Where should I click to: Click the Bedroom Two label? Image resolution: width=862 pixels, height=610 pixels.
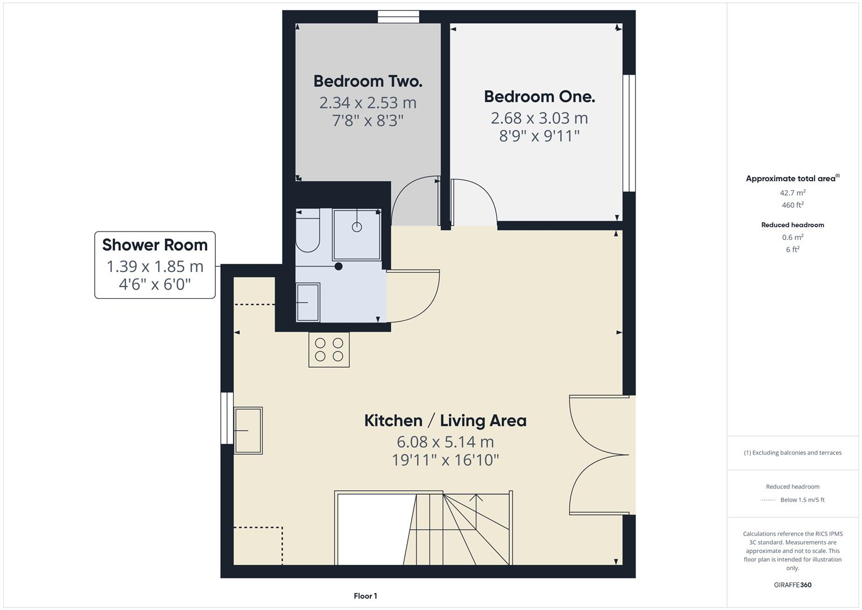pyautogui.click(x=367, y=81)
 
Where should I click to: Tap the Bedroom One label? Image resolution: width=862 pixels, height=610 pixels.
pyautogui.click(x=539, y=97)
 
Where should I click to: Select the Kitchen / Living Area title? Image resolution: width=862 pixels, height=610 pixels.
pyautogui.click(x=445, y=421)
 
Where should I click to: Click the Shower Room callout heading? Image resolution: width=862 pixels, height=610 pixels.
pyautogui.click(x=155, y=245)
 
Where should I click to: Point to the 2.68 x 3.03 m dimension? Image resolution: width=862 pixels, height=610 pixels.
pyautogui.click(x=539, y=118)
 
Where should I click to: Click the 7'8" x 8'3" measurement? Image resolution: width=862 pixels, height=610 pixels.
pyautogui.click(x=367, y=121)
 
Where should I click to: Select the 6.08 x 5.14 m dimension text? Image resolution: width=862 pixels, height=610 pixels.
pyautogui.click(x=445, y=442)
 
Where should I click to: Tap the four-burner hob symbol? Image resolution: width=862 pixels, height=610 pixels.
pyautogui.click(x=329, y=350)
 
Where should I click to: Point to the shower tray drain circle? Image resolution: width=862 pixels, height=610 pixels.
pyautogui.click(x=357, y=227)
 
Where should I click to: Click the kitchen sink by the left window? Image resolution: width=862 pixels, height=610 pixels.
pyautogui.click(x=248, y=430)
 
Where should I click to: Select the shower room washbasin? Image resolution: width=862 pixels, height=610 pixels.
pyautogui.click(x=308, y=302)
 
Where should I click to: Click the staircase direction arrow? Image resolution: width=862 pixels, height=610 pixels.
pyautogui.click(x=476, y=497)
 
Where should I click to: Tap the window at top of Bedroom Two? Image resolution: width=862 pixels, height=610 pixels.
pyautogui.click(x=399, y=17)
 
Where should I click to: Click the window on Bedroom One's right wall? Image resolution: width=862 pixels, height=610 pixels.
pyautogui.click(x=629, y=133)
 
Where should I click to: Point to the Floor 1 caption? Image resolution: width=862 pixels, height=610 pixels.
pyautogui.click(x=365, y=596)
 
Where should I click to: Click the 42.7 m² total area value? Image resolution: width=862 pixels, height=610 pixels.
pyautogui.click(x=793, y=193)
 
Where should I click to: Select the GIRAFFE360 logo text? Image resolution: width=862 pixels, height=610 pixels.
pyautogui.click(x=793, y=585)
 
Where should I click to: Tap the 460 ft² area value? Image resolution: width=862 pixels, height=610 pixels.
pyautogui.click(x=793, y=205)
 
